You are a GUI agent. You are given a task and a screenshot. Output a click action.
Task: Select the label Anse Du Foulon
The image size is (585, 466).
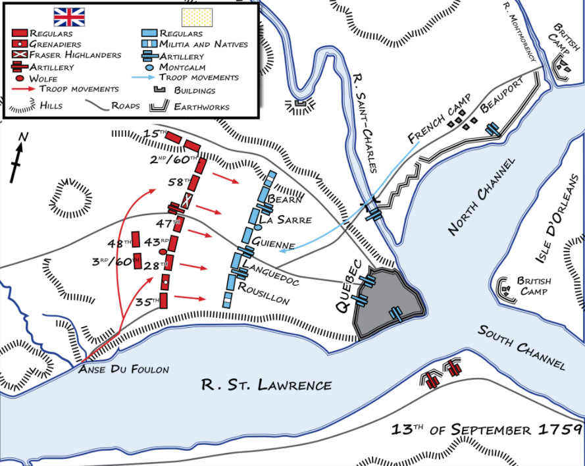pos(123,369)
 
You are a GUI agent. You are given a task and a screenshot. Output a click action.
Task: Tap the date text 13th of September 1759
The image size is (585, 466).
pos(486,430)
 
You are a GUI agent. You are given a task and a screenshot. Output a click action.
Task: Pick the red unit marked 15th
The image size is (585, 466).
pos(173,137)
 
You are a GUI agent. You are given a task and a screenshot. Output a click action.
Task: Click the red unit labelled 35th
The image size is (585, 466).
pos(165,301)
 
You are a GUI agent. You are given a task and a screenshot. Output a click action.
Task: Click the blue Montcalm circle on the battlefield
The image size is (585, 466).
pos(249,228)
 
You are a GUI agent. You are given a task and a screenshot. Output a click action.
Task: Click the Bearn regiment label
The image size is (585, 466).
pos(284,199)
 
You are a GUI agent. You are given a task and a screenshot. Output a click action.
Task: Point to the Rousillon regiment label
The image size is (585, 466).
pos(263,294)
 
